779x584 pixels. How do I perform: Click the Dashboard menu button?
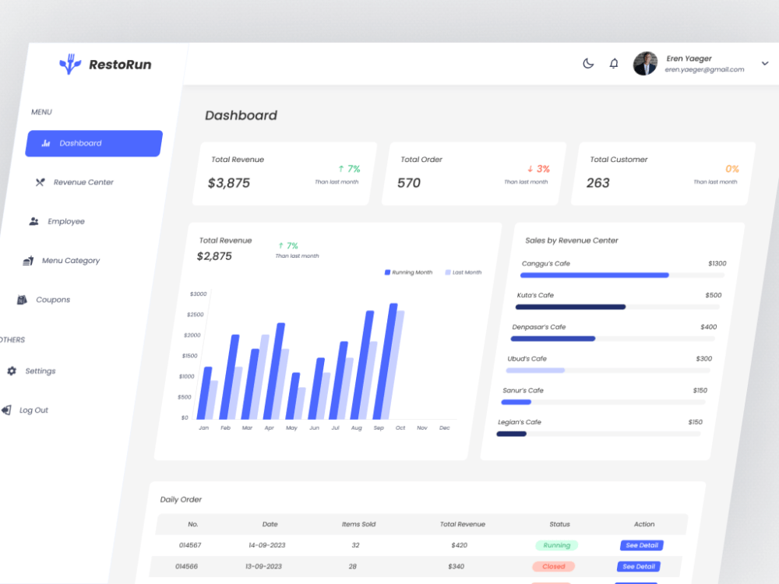click(x=94, y=143)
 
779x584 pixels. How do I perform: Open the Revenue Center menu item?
click(x=75, y=182)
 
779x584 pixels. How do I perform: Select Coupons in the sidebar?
click(x=44, y=300)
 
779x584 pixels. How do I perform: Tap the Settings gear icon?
click(x=12, y=371)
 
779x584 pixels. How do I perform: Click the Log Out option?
click(x=26, y=410)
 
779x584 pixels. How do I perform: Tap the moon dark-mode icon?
click(x=588, y=64)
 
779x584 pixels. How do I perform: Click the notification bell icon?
click(x=614, y=64)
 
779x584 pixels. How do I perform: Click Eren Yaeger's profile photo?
click(x=645, y=64)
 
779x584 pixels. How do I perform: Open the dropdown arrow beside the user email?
click(x=765, y=64)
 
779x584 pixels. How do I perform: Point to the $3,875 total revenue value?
click(x=228, y=183)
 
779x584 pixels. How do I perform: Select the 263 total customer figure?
click(x=597, y=183)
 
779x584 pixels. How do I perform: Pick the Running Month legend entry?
click(x=408, y=272)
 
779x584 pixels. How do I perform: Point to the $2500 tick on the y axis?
click(x=196, y=315)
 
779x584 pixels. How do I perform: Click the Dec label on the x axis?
click(x=445, y=427)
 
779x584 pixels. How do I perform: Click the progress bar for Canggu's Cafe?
click(x=622, y=275)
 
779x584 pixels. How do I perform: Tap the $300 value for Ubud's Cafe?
click(x=704, y=358)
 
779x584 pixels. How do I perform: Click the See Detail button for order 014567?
click(x=641, y=545)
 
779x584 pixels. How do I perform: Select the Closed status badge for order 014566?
click(x=553, y=566)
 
